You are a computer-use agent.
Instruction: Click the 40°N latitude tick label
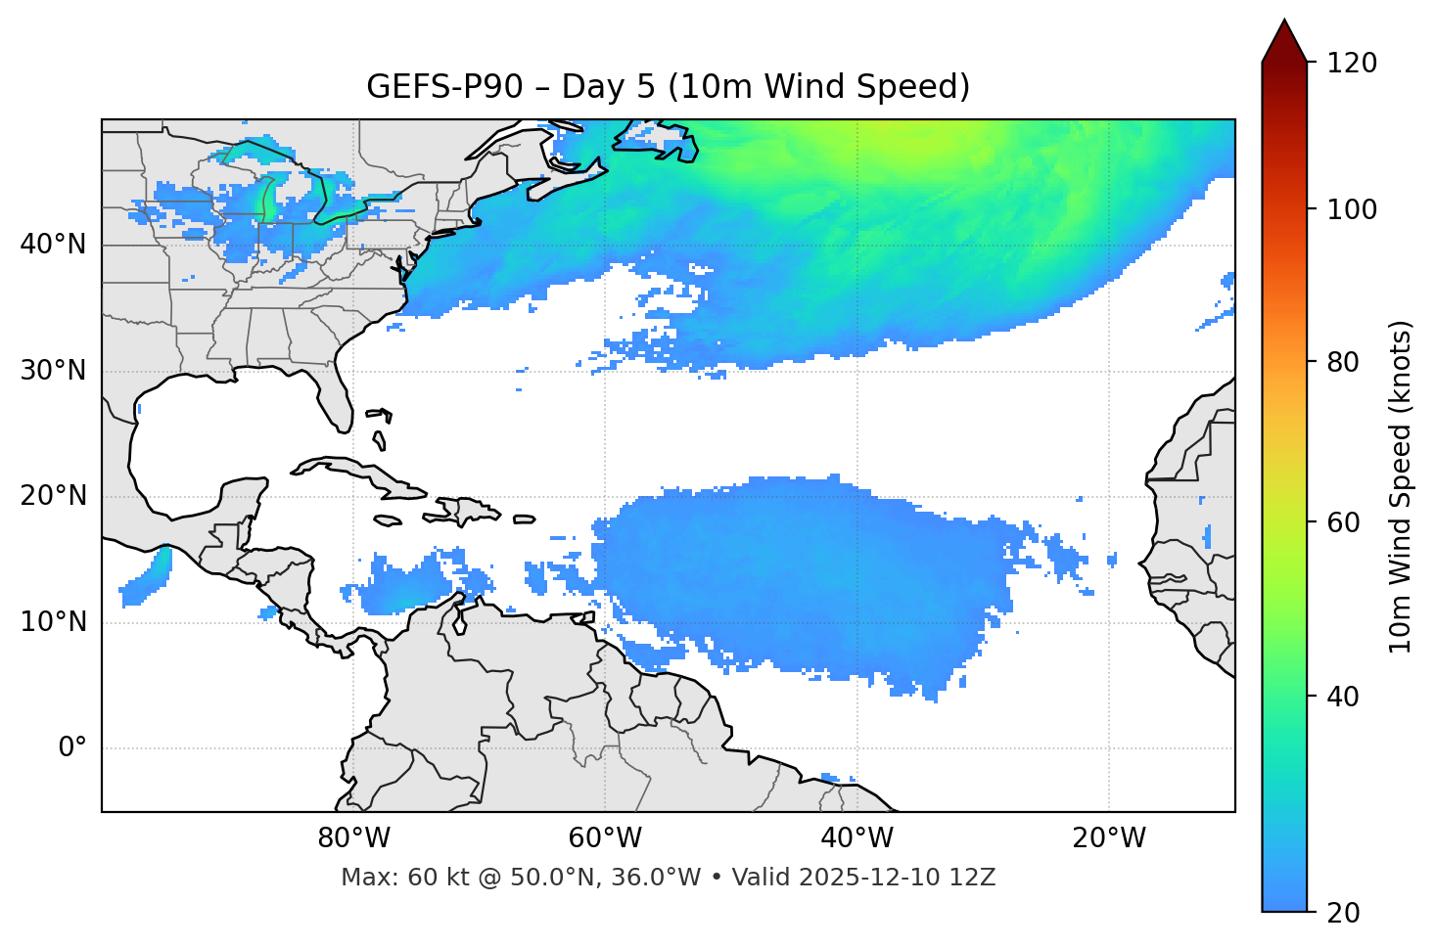tap(53, 245)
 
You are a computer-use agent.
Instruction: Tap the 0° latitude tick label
tap(71, 748)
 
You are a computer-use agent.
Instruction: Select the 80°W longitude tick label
tap(353, 838)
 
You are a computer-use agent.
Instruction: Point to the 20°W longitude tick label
tap(1109, 838)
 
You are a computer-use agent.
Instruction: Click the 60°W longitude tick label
tap(605, 838)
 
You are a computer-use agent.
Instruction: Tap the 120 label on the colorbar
tap(1352, 64)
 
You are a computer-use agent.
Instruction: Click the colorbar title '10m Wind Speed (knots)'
tap(1401, 486)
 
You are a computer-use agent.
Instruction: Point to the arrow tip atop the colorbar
tap(1284, 22)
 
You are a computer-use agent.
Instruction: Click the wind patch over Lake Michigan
tap(265, 200)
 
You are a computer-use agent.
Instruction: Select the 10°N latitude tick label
tap(53, 622)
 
